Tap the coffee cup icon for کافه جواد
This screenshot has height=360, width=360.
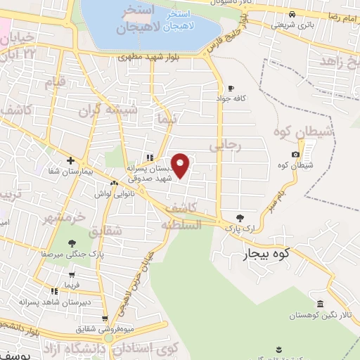231,88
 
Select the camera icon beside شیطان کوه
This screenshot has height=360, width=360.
295,154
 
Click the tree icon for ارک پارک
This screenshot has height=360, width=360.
240,217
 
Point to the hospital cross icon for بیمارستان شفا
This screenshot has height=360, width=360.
70,160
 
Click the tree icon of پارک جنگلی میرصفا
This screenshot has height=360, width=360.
72,243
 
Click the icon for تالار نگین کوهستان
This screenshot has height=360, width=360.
321,304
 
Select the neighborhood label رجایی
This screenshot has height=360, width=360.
226,145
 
